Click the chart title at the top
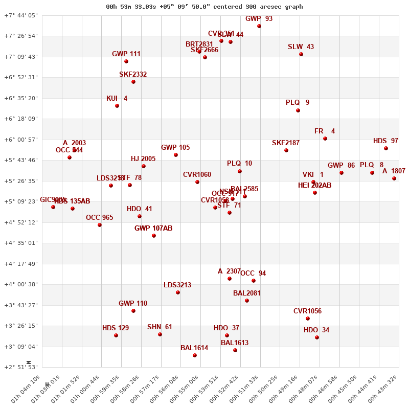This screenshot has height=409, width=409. (204, 7)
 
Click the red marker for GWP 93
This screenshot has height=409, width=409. (259, 26)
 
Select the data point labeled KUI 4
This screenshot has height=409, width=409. (117, 106)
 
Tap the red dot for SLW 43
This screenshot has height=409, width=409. (301, 54)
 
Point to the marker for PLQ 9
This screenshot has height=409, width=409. (298, 110)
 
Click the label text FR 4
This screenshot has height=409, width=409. (325, 131)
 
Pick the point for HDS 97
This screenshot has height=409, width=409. (386, 148)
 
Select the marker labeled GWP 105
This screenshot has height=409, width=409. (176, 155)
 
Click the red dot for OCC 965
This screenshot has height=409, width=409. (100, 225)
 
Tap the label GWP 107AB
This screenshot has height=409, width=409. (153, 228)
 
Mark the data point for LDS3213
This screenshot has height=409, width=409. (178, 292)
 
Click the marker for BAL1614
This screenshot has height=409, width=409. (195, 355)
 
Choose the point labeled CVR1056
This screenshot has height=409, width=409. (308, 319)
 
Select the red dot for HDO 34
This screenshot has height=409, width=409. (317, 337)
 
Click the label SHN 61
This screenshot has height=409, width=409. (160, 327)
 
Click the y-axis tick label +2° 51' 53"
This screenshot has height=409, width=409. (21, 367)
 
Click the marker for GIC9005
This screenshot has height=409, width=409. (53, 207)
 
